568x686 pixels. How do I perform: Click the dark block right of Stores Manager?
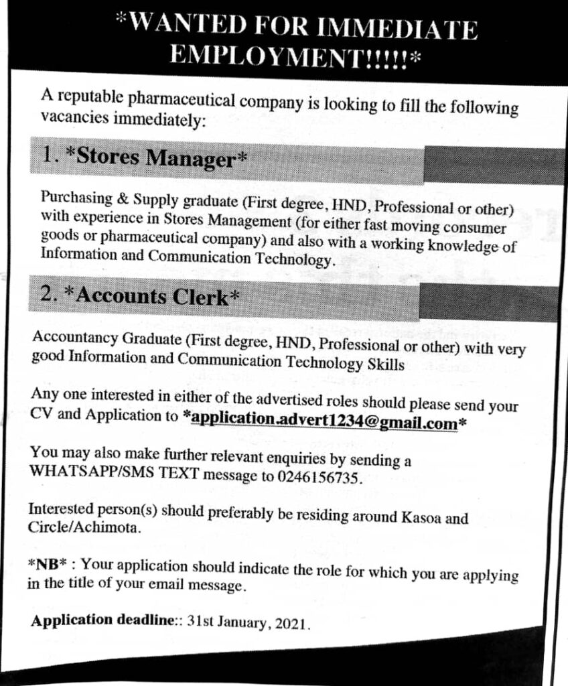(x=492, y=164)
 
